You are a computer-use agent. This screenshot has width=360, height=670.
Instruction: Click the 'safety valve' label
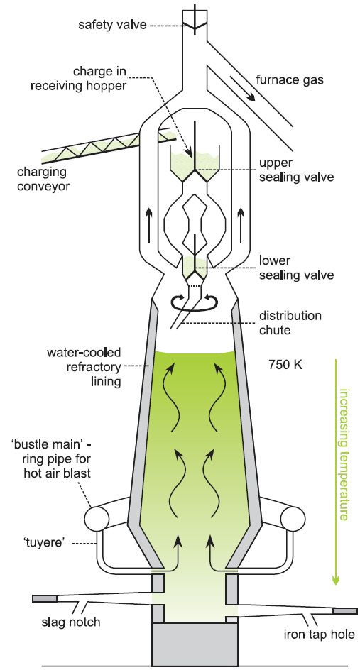tap(112, 25)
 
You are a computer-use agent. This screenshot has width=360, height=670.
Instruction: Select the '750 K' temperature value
tap(285, 365)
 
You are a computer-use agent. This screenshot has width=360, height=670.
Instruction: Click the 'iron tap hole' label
tap(320, 634)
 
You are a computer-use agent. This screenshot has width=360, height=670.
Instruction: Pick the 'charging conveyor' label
tap(43, 179)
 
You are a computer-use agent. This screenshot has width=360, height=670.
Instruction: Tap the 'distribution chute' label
tap(290, 323)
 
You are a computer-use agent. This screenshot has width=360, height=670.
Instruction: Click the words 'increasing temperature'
tap(344, 454)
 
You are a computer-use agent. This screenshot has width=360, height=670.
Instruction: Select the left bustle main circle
tap(97, 519)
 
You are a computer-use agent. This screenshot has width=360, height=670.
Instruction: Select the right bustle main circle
tap(293, 519)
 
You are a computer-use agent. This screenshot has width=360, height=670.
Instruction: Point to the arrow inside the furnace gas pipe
tap(242, 89)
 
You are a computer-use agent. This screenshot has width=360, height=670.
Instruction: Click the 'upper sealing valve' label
tap(296, 170)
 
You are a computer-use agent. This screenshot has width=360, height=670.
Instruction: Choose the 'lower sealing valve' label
tap(296, 267)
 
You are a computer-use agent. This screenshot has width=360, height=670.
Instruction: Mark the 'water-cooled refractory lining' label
tap(84, 367)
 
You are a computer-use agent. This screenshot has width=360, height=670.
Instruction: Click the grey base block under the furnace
tap(195, 644)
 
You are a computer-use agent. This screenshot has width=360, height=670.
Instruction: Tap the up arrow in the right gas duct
tap(241, 219)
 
